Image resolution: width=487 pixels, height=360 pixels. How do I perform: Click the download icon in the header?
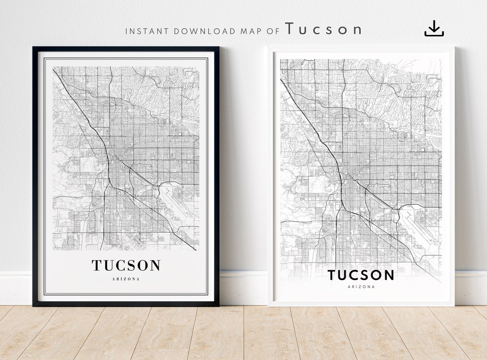pos(434,28)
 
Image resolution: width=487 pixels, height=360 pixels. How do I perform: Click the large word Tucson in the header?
pos(323,29)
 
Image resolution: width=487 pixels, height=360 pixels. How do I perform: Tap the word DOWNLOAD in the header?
pos(205,31)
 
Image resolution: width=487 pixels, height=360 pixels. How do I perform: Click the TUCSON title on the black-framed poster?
pos(126,265)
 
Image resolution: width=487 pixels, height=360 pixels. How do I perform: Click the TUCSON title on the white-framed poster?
pos(361,275)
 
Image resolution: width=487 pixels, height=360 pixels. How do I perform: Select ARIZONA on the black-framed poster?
pos(126,279)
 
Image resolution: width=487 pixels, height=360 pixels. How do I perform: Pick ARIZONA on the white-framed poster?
pos(361,287)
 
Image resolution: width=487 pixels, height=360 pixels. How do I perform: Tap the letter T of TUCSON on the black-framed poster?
pos(97,265)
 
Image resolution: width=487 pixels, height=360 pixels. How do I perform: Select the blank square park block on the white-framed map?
pos(319,184)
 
